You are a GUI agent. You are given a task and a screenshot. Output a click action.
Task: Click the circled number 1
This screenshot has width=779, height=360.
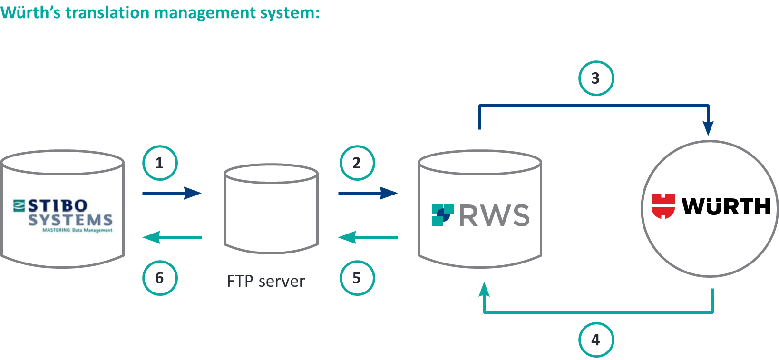coord(160,163)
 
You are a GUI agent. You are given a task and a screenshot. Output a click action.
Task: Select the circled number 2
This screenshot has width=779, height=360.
coord(357,163)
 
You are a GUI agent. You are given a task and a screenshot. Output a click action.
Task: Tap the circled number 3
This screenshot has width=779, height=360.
coord(596,78)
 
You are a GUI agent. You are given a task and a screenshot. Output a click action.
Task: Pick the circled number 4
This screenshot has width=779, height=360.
coord(596,340)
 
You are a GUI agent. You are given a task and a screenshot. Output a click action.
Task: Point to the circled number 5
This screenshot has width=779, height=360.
coord(357,278)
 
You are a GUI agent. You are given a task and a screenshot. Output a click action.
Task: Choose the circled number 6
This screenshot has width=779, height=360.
coord(160,278)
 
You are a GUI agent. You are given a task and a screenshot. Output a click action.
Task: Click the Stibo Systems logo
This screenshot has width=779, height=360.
coord(62,215)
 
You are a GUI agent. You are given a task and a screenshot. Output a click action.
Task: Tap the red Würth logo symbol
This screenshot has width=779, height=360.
coord(663,206)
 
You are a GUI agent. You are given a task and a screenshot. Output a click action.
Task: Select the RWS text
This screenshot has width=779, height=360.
coord(494,215)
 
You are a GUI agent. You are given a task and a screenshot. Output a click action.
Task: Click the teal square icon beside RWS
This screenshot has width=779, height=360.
coord(443,215)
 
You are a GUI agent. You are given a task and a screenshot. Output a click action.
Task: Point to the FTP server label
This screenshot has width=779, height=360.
coord(266,282)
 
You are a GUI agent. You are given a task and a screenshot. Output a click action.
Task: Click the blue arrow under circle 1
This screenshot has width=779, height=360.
coord(172,193)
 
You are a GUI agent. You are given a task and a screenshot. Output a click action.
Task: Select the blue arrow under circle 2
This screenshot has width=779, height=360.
coord(368,193)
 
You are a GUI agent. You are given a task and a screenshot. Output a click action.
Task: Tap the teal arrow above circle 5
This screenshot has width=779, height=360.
coord(368,237)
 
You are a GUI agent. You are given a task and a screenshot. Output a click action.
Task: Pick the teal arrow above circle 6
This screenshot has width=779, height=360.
coord(172,237)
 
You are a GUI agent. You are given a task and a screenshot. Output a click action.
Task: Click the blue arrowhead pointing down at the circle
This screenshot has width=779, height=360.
coord(708,128)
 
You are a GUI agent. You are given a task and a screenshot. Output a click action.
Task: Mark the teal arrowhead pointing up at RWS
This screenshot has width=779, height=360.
coord(484,289)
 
